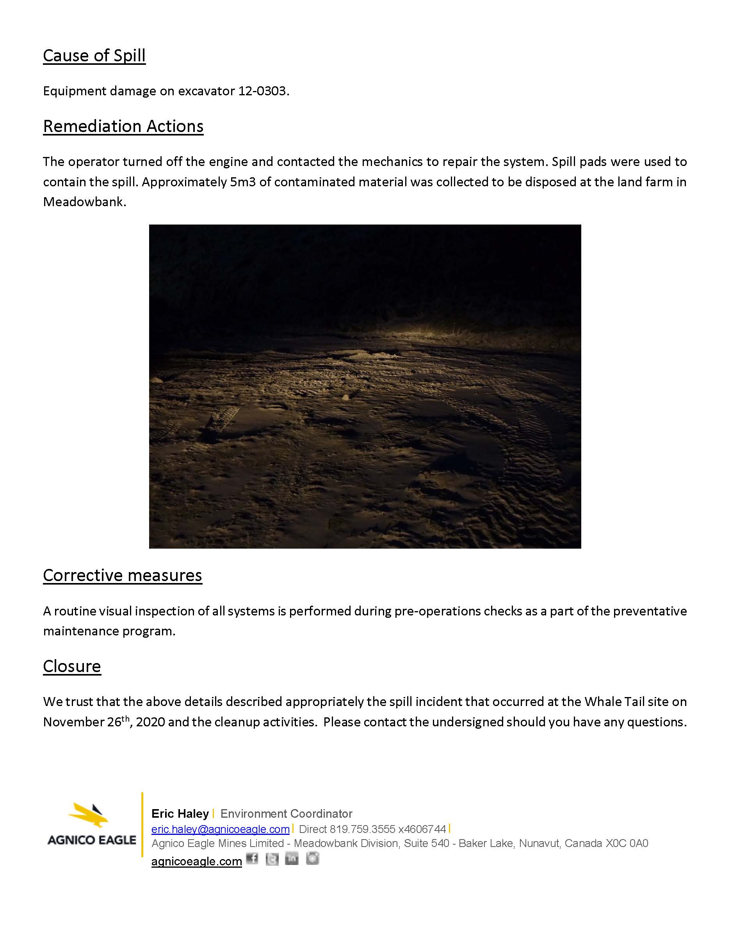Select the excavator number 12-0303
point(262,91)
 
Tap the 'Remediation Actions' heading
point(123,127)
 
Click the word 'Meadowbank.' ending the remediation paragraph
point(84,202)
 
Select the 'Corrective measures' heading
point(123,576)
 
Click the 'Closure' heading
point(72,666)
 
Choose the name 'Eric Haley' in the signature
point(180,813)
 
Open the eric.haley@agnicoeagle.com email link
point(220,829)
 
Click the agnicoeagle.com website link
point(196,861)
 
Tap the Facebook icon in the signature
point(252,858)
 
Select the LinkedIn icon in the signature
point(292,858)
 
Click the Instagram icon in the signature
point(312,858)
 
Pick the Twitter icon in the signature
point(272,858)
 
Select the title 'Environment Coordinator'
point(286,813)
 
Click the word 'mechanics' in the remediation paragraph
point(388,162)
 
